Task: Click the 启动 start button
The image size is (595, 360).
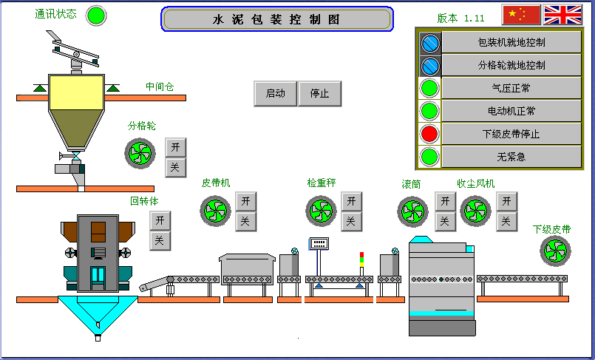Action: click(275, 94)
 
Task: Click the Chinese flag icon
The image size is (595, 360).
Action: click(521, 15)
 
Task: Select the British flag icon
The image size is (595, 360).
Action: click(562, 15)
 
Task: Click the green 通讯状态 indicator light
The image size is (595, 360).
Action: click(96, 16)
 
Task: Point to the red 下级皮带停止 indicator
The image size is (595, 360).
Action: click(429, 134)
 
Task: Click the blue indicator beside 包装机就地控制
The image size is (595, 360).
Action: click(429, 43)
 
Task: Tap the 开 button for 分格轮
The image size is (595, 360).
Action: click(175, 147)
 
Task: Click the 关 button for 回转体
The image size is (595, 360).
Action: click(160, 240)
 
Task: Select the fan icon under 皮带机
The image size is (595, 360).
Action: click(216, 210)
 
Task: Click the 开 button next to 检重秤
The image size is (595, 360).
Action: click(351, 201)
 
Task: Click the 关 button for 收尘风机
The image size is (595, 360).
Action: click(506, 220)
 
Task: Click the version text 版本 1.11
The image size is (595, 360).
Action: click(461, 18)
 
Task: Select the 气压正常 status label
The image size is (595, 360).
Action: click(511, 89)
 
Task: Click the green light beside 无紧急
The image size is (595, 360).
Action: click(429, 157)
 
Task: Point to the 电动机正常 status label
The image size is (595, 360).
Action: click(511, 111)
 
